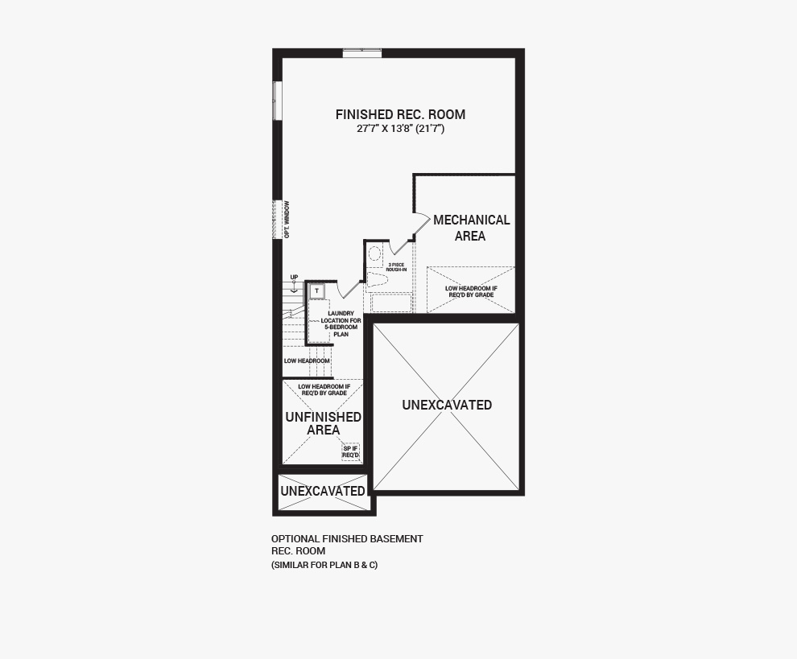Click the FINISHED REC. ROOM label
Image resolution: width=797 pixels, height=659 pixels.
coord(400,114)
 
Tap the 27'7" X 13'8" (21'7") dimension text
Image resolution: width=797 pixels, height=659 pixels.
coord(401,129)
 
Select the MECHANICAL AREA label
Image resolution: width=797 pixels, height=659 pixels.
coord(471,228)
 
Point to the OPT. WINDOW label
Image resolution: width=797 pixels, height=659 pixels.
coord(287,220)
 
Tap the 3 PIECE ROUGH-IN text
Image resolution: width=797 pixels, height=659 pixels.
coord(396,267)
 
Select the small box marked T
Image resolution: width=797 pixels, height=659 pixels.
coord(316,290)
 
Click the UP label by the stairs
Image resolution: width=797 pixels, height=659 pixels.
coord(295,278)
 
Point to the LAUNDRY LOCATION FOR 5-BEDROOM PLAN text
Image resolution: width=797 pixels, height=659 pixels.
coord(341,323)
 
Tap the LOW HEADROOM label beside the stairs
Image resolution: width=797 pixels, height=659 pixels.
coord(307,360)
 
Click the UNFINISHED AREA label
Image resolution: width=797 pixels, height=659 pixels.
coord(324,423)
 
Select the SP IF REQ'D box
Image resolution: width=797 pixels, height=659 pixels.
coord(351,451)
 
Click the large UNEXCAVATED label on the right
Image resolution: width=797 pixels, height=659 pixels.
coord(447,405)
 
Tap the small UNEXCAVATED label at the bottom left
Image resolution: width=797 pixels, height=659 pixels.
coord(323,492)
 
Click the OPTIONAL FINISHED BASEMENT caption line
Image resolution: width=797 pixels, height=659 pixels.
coord(347,538)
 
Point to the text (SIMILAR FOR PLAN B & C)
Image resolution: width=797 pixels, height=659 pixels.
coord(324,565)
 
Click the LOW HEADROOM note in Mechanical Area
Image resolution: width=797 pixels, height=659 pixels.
coord(471,291)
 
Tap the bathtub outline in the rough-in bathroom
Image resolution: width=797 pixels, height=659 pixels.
coord(391,303)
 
